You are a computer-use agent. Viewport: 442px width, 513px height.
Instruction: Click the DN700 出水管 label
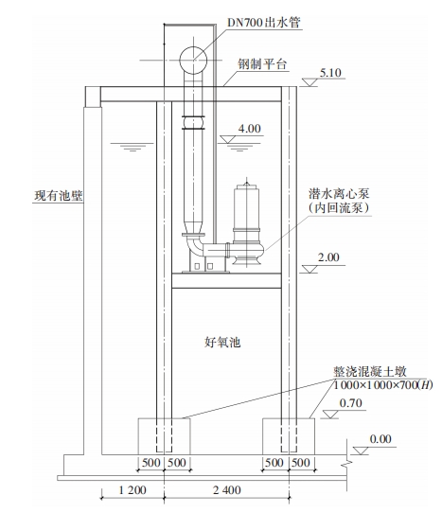pos(264,23)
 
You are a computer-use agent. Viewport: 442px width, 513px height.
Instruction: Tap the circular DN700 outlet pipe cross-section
pos(193,61)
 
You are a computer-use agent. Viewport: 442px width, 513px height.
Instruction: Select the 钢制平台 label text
pos(262,63)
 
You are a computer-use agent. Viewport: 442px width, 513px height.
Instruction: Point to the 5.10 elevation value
pos(330,73)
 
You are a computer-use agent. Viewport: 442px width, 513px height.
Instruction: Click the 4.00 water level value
pos(249,129)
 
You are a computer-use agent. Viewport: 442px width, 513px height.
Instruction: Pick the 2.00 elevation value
pos(328,257)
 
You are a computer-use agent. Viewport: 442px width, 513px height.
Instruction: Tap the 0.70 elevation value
pos(350,403)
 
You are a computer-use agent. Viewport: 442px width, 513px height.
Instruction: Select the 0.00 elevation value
pos(380,439)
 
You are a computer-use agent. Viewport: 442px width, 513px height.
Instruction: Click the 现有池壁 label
pos(59,196)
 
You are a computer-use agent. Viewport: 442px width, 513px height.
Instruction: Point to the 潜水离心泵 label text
pos(339,194)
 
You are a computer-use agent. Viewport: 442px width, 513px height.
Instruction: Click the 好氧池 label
pos(222,343)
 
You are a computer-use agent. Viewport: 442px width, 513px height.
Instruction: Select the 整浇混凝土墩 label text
pos(370,372)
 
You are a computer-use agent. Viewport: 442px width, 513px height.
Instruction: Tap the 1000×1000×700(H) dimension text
pos(382,385)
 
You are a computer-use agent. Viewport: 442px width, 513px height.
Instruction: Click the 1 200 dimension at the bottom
pos(133,489)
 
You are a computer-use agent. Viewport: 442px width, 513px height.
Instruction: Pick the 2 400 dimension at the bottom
pos(227,489)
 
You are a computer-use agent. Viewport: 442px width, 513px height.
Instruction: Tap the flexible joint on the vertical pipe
pos(193,123)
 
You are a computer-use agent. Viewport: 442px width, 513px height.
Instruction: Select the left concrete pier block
pos(164,436)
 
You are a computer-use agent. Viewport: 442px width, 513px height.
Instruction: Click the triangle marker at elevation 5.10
pos(309,82)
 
